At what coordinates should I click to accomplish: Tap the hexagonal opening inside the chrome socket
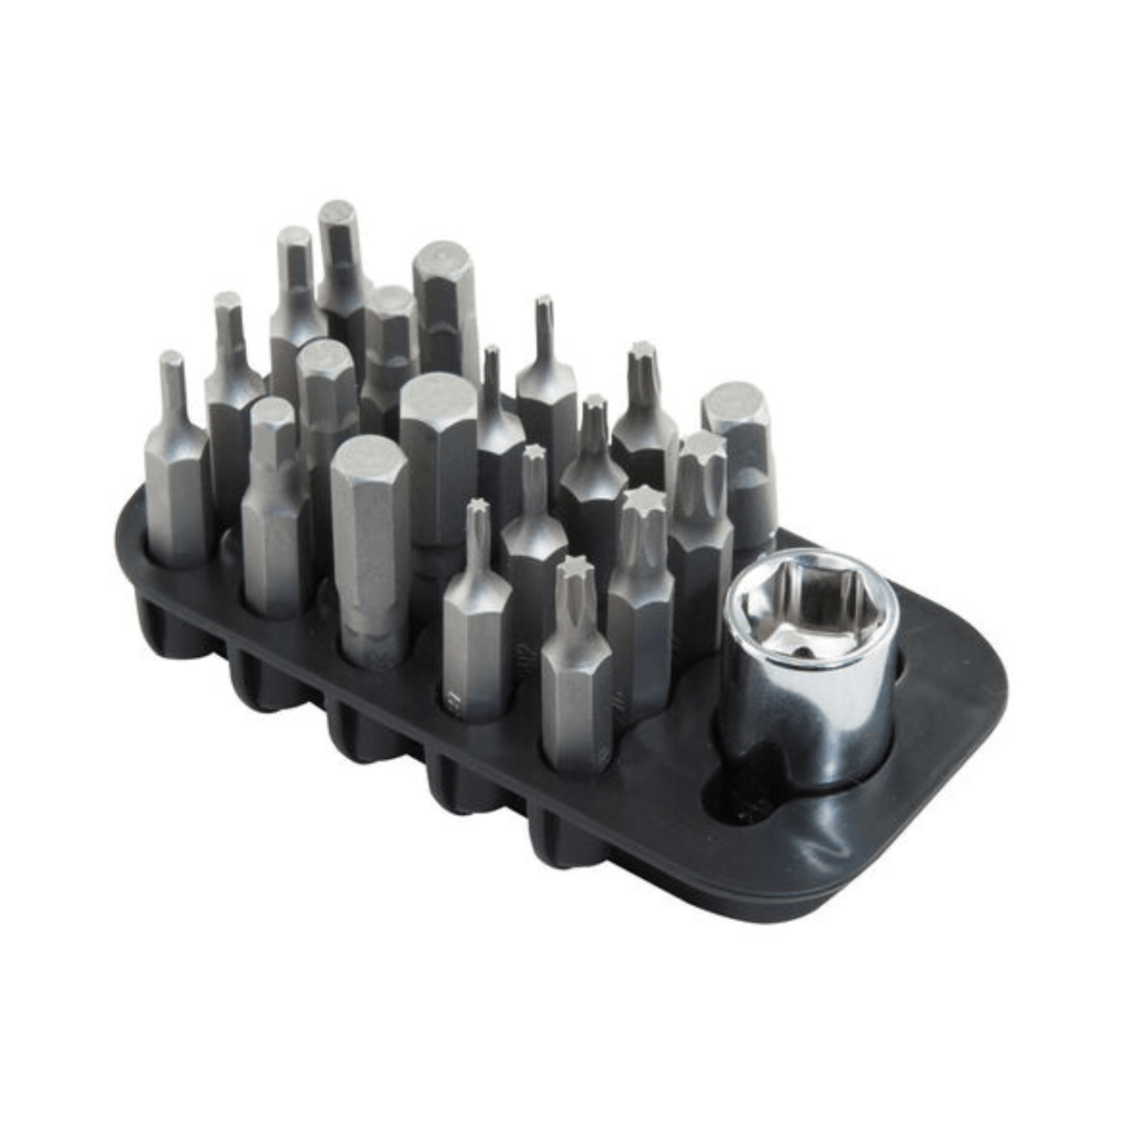[x=810, y=612]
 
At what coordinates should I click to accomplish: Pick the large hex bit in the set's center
[x=438, y=459]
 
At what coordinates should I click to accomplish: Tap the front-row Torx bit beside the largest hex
[x=477, y=608]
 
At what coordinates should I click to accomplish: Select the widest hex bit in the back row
[x=445, y=299]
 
